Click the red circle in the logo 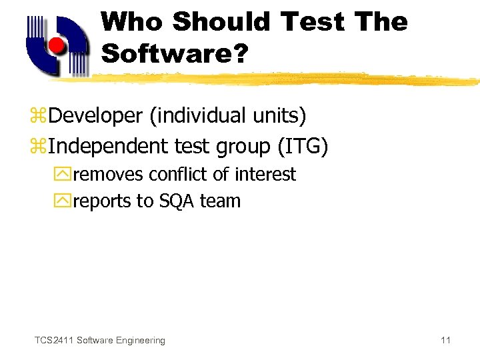coord(57,45)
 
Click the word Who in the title coord(132,22)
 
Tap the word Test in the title coord(312,22)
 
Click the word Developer coord(95,116)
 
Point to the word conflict coord(177,175)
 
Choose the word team coord(221,201)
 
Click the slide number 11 coord(445,340)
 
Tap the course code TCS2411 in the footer coord(53,340)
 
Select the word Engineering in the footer coord(140,340)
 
